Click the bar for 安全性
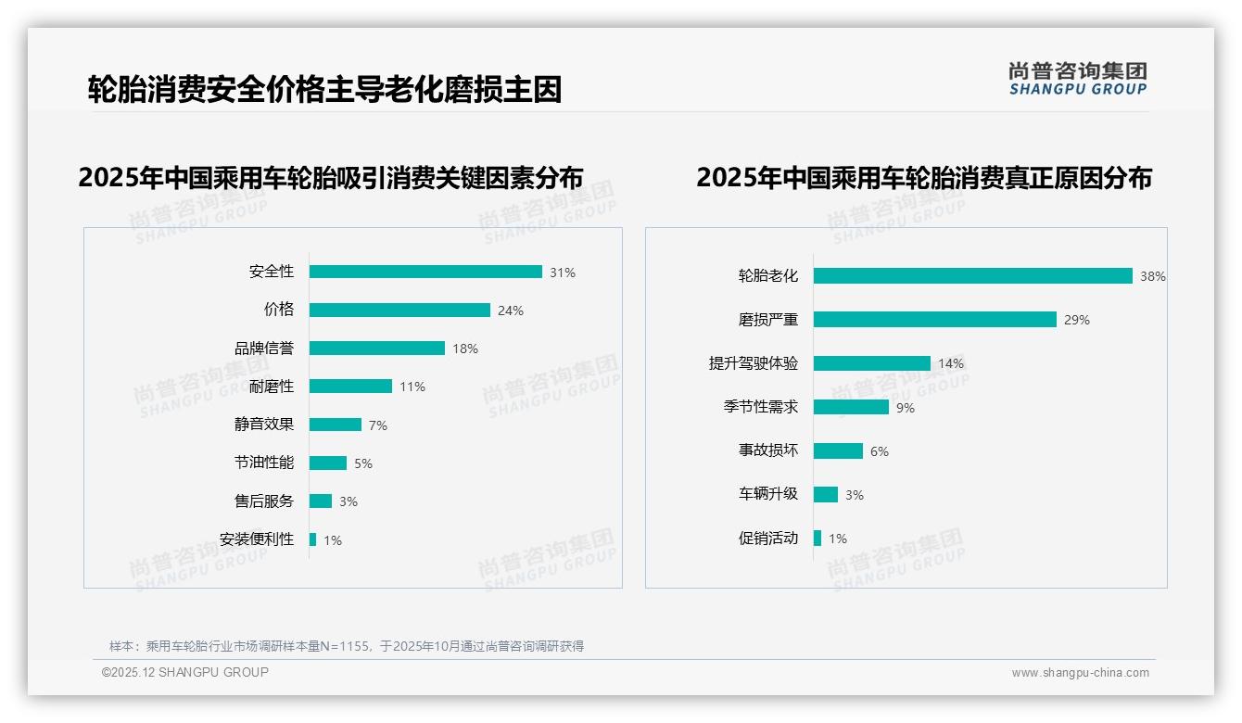pos(425,272)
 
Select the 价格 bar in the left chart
pos(399,310)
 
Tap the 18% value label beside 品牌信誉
pos(465,349)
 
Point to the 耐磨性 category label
pos(272,386)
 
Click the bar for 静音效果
pos(336,425)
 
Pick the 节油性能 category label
pos(264,463)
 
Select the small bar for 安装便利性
pos(313,539)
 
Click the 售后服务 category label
pos(264,501)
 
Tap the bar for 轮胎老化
pos(973,275)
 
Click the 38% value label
pos(1153,276)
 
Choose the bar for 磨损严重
pos(935,319)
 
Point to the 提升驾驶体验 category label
pos(754,363)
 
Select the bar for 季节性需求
pos(851,407)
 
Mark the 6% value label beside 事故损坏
pos(879,451)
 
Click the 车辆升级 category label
pos(768,494)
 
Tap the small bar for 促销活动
pos(817,538)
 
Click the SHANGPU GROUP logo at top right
pos(1078,79)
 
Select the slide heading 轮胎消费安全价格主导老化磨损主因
pos(324,90)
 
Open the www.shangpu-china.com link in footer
pos(1080,673)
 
